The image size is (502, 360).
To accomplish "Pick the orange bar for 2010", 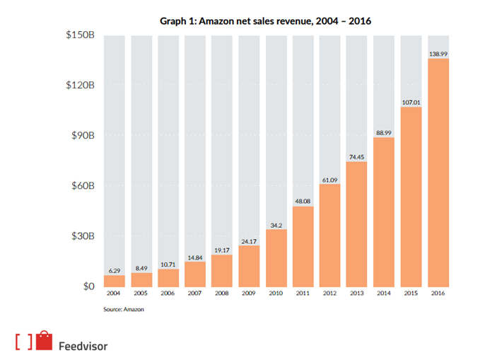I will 276,257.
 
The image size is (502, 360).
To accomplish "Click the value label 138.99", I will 438,53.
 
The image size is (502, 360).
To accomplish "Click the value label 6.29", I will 115,270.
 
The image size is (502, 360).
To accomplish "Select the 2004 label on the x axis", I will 115,293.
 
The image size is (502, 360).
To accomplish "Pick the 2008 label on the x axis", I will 222,293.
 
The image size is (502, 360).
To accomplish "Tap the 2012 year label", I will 329,293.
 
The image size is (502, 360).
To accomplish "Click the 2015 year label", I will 411,293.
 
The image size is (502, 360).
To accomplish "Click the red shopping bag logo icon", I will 46,340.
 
